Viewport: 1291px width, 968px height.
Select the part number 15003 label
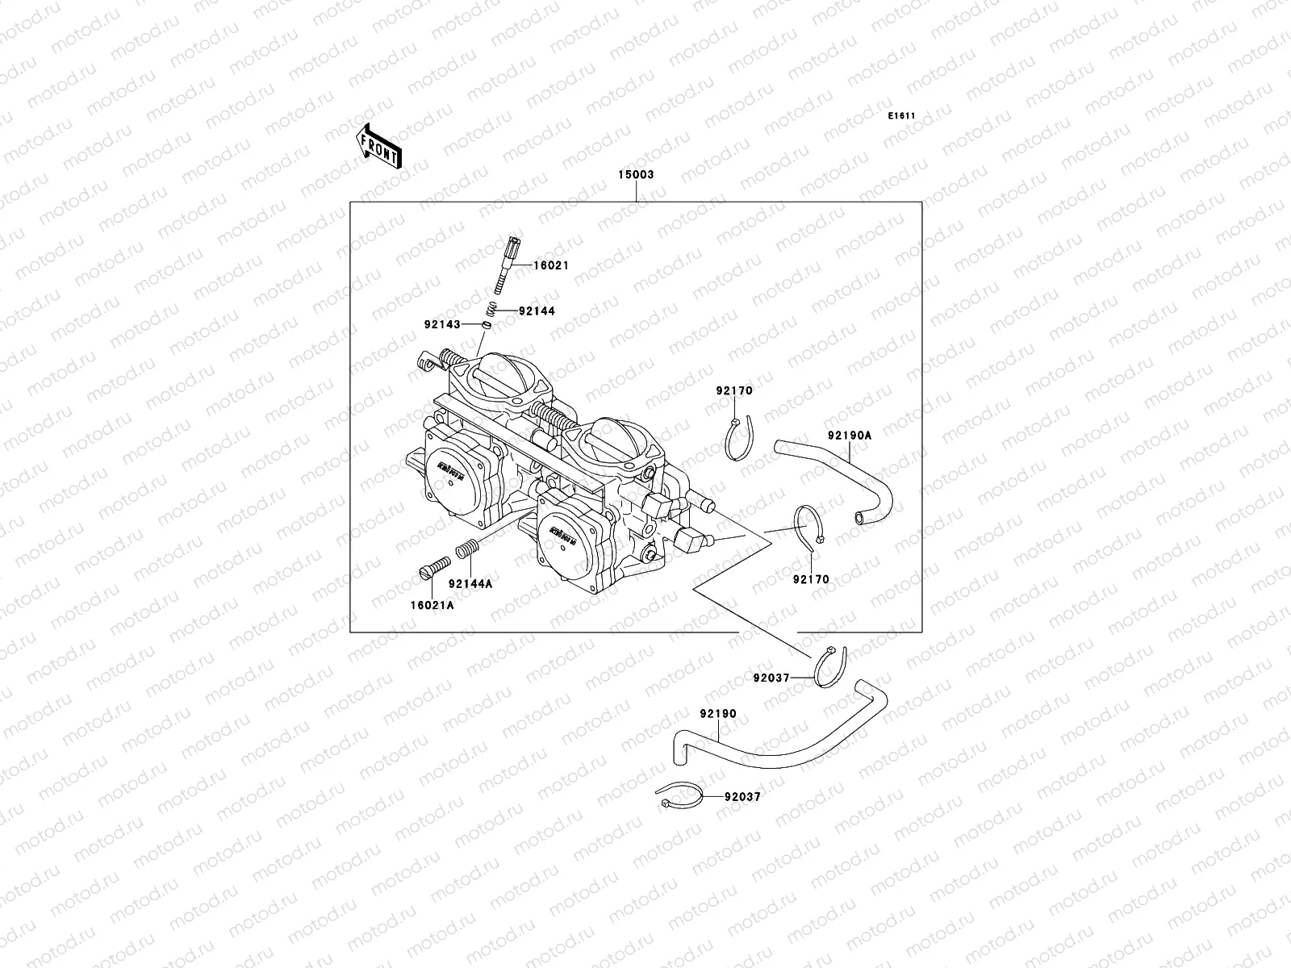pos(636,174)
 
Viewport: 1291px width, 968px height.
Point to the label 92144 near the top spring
pos(537,311)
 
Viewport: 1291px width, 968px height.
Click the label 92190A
pos(849,436)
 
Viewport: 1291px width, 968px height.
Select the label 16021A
pos(431,605)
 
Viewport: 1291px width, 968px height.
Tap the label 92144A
pos(470,583)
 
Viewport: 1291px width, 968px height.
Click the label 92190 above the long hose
pos(718,714)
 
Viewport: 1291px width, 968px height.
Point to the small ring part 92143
pos(487,324)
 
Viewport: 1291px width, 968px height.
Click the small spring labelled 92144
pos(491,309)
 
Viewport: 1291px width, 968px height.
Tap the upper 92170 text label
pos(733,391)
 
